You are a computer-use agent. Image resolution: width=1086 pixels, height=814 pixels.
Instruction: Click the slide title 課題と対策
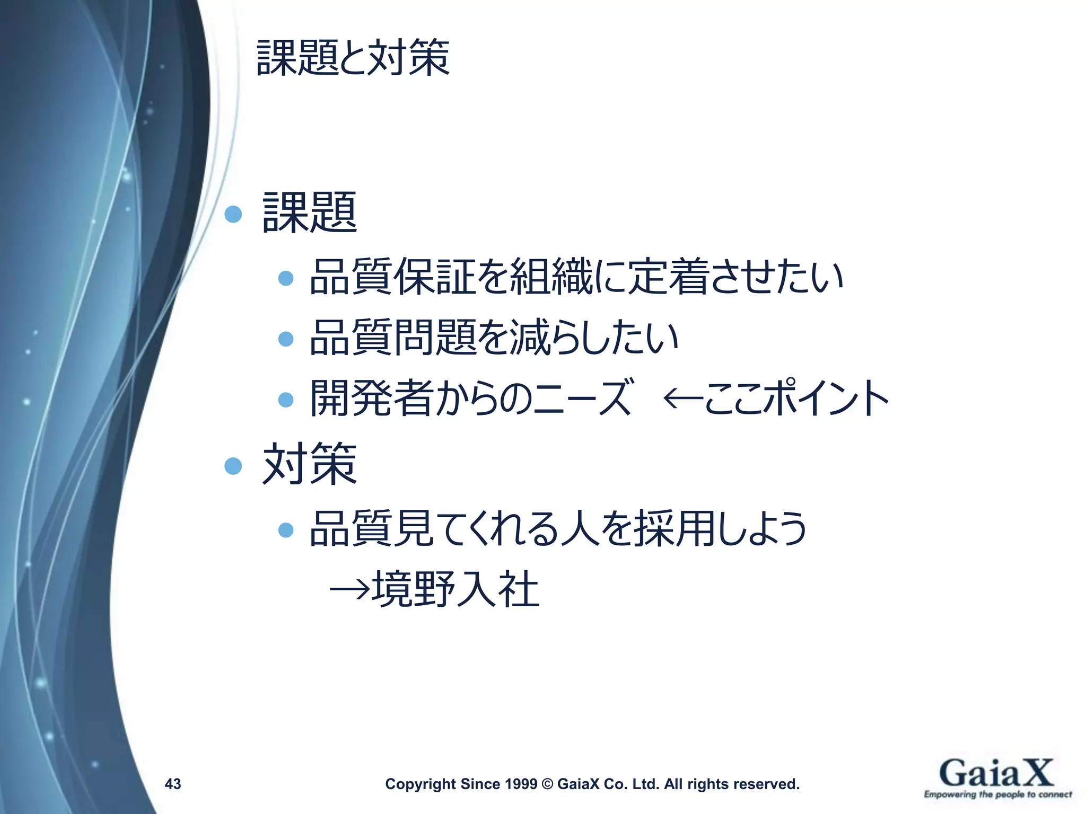coord(353,58)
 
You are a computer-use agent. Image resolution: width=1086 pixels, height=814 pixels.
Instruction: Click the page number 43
coord(173,784)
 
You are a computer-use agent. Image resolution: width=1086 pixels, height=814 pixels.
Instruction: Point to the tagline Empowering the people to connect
coord(997,794)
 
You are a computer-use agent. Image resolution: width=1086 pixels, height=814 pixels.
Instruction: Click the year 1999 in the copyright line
coord(521,784)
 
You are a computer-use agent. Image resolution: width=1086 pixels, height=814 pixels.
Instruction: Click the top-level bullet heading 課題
coord(310,213)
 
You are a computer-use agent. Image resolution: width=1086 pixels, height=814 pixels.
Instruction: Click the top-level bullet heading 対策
coord(310,465)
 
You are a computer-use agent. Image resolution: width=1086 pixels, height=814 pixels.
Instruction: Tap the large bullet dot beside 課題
coord(233,214)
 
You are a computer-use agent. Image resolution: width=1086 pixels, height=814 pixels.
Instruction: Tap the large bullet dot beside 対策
coord(233,466)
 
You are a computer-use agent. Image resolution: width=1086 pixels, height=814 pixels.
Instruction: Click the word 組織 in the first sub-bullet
coord(551,277)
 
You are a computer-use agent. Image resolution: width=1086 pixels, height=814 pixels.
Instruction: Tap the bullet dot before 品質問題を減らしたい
coord(286,339)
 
